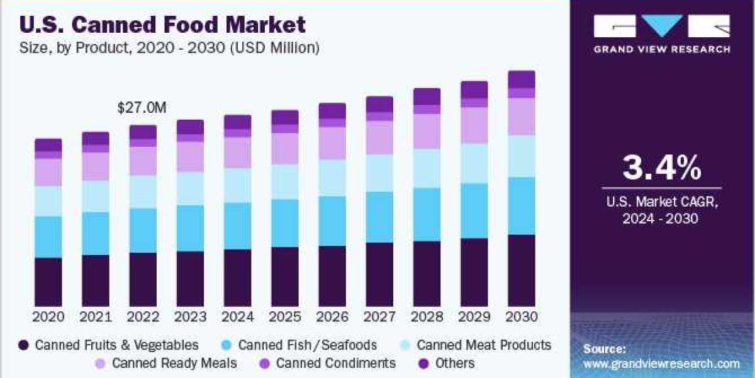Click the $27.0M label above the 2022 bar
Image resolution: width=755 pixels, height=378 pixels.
(142, 108)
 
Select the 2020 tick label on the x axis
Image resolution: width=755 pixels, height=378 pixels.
(48, 316)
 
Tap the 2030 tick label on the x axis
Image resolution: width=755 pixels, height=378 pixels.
(521, 316)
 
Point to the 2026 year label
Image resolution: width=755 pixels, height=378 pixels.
(332, 316)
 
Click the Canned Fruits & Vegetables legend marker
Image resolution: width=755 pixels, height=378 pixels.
(24, 345)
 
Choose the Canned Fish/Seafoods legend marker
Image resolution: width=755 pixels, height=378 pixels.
(227, 345)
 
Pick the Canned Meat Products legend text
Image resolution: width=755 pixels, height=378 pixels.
(483, 345)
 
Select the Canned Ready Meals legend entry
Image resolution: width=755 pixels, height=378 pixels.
(167, 364)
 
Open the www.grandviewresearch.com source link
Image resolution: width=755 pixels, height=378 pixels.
(661, 364)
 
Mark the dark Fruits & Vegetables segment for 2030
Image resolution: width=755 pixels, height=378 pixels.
(521, 271)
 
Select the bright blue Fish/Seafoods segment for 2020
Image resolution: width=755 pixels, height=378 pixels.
(48, 237)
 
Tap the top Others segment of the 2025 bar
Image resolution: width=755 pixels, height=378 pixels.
(284, 117)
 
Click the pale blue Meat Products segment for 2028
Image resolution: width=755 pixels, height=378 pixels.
(427, 168)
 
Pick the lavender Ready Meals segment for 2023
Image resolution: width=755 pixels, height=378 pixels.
(189, 157)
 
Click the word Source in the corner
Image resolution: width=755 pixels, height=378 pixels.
(604, 348)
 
